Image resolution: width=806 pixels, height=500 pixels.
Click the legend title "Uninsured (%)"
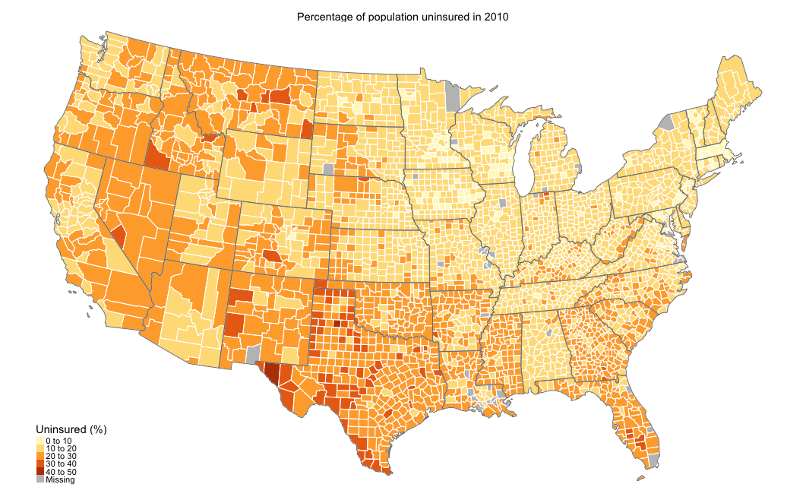[71, 429]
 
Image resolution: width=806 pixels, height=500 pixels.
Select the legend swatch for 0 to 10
[40, 441]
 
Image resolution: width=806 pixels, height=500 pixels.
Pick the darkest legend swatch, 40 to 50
[40, 472]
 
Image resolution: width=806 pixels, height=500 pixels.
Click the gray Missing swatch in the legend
[40, 479]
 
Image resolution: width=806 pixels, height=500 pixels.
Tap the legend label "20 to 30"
[61, 456]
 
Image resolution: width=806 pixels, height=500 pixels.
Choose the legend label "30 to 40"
[61, 464]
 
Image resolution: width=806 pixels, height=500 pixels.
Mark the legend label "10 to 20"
[61, 448]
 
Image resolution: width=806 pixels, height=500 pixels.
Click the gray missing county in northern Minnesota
[453, 97]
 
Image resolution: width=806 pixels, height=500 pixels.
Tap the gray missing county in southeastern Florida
[653, 459]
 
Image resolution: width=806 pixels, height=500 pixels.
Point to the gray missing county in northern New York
[667, 121]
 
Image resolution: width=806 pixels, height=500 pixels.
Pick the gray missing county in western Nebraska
[328, 169]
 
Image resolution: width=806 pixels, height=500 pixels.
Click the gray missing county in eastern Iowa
[502, 204]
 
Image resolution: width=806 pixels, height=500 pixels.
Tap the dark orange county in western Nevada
[119, 233]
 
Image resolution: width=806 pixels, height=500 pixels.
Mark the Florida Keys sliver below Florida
[641, 478]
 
